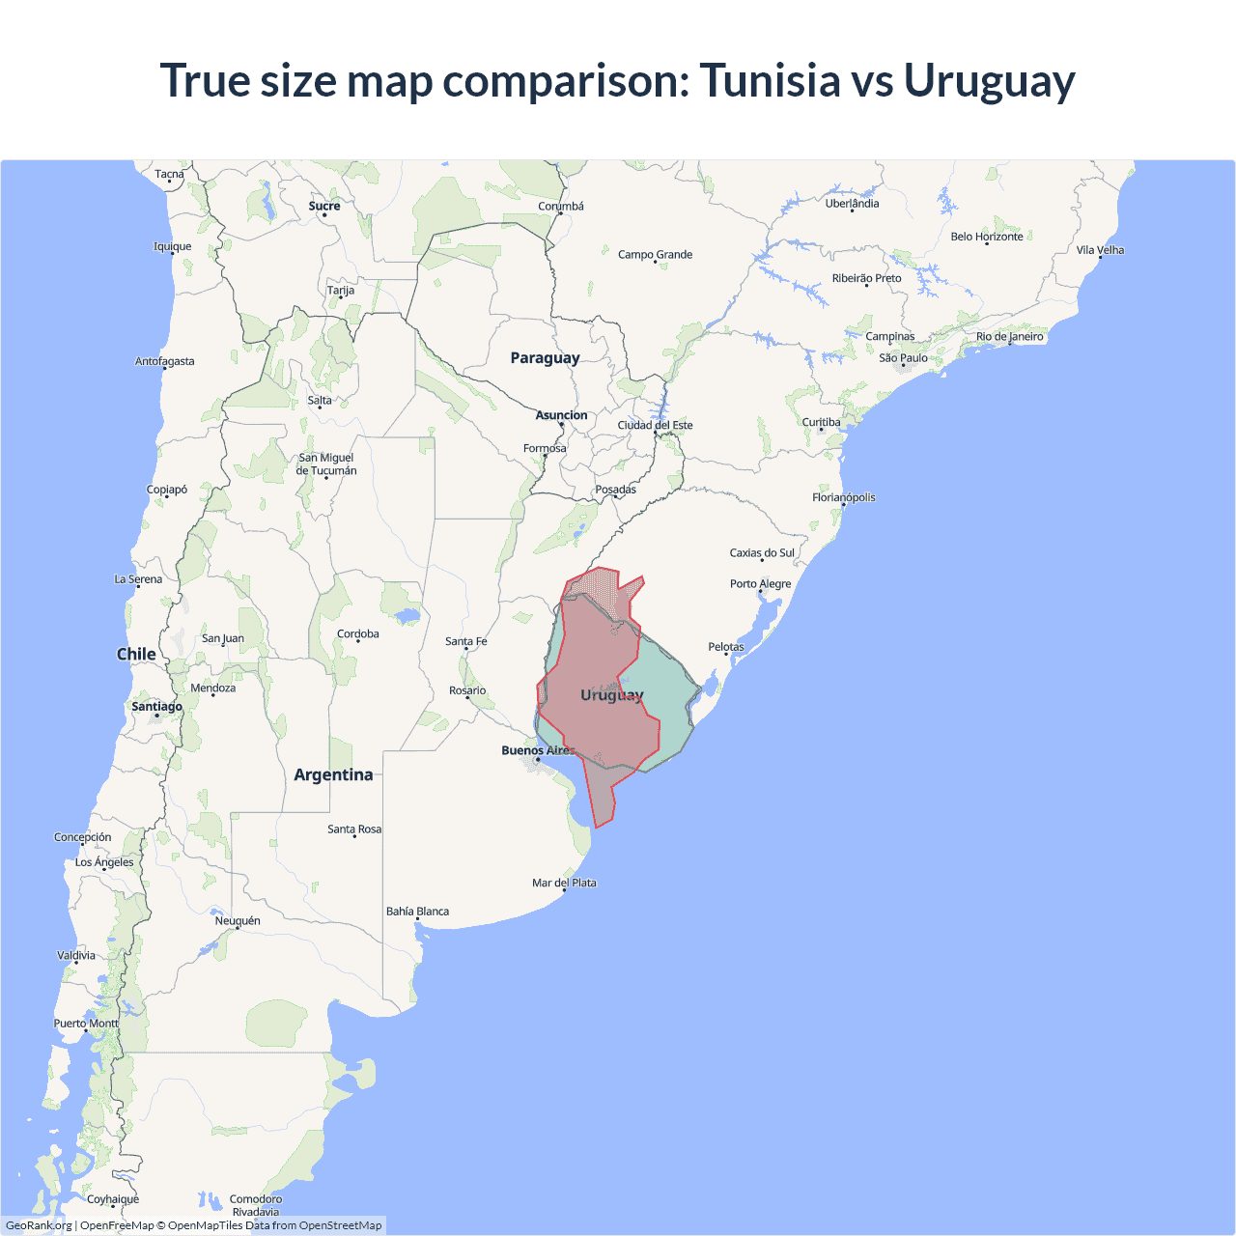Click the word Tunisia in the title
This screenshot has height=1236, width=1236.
pyautogui.click(x=770, y=80)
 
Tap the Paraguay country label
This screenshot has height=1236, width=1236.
pyautogui.click(x=545, y=358)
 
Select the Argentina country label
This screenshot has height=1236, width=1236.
pyautogui.click(x=333, y=774)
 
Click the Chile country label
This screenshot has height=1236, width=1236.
pyautogui.click(x=136, y=654)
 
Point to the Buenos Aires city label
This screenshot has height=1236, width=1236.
pyautogui.click(x=538, y=750)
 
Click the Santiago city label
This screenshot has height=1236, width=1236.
pyautogui.click(x=156, y=707)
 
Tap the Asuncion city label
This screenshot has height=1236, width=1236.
pyautogui.click(x=561, y=415)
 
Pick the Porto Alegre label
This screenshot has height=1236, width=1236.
pyautogui.click(x=760, y=583)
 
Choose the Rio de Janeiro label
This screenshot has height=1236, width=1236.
pyautogui.click(x=1009, y=337)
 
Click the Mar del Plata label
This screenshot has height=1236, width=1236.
pyautogui.click(x=564, y=883)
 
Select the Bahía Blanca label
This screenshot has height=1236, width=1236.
pyautogui.click(x=417, y=911)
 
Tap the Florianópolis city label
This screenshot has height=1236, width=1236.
pyautogui.click(x=843, y=497)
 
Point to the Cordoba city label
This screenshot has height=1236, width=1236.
pyautogui.click(x=357, y=634)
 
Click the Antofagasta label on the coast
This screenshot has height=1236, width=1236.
pyautogui.click(x=164, y=361)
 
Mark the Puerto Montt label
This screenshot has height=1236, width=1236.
pyautogui.click(x=86, y=1023)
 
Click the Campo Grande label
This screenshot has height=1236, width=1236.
pyautogui.click(x=655, y=255)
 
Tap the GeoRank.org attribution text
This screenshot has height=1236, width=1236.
pyautogui.click(x=39, y=1225)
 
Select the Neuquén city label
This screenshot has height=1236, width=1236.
pyautogui.click(x=238, y=920)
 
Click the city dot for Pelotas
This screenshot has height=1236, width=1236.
pyautogui.click(x=726, y=655)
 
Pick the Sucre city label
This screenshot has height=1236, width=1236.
pyautogui.click(x=324, y=206)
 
